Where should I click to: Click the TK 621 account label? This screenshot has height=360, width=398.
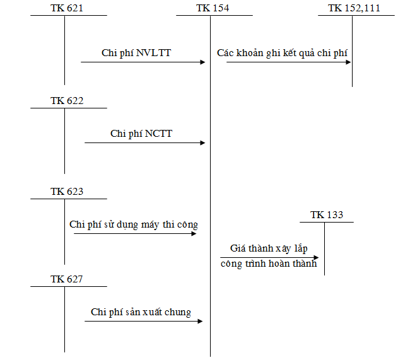coord(67,8)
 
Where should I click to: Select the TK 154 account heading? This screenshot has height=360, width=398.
coord(213,8)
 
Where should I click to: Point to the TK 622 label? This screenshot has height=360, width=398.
coord(67,100)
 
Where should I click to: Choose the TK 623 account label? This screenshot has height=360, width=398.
coord(67,191)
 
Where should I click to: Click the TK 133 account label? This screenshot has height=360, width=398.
coord(327,215)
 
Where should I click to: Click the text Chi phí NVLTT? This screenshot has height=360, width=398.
coord(136,53)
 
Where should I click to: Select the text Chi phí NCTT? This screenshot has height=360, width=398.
coord(141,134)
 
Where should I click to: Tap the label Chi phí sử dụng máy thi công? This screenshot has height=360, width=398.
coord(134,225)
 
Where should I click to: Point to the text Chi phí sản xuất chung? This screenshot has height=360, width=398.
coord(141,312)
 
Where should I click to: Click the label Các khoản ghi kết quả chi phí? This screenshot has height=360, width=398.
coord(282,53)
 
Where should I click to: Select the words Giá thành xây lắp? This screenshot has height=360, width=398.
coord(267,248)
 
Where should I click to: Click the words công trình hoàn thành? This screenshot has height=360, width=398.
coord(269,264)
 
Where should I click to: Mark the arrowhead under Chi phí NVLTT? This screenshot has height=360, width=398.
coord(203,62)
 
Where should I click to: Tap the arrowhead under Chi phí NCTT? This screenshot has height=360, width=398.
coord(203,142)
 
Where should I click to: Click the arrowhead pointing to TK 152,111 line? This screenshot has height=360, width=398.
coord(348,62)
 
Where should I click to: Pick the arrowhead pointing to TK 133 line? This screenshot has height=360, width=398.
coord(316,257)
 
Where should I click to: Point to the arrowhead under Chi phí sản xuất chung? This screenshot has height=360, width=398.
coord(199,322)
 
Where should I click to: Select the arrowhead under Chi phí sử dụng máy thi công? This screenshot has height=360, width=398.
coord(195,234)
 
